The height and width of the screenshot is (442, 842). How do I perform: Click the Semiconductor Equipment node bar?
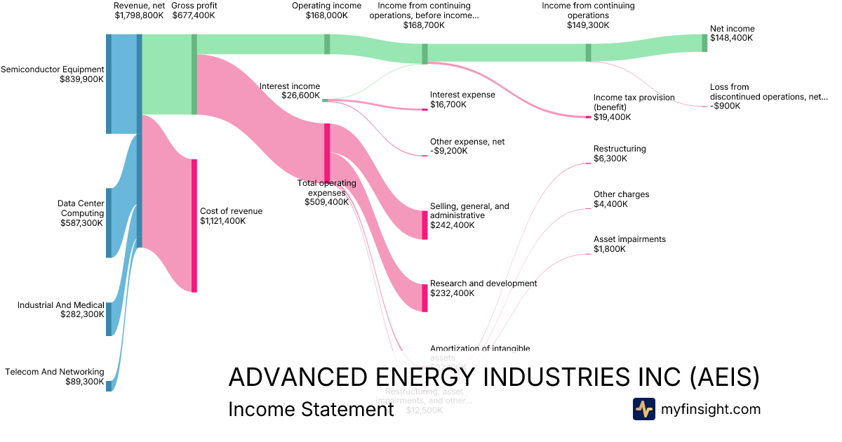point(109,83)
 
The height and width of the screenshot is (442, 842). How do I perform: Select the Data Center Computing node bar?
point(109,222)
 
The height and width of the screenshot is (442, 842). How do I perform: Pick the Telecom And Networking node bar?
point(109,385)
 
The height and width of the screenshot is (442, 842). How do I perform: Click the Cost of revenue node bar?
point(194,225)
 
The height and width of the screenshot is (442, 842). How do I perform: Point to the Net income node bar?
point(704,43)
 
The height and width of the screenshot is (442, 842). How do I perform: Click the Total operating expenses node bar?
point(327,152)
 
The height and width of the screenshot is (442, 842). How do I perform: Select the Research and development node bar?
point(425,297)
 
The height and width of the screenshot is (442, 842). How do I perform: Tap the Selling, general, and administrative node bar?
point(425,225)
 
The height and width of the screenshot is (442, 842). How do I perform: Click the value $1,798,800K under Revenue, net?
point(139,15)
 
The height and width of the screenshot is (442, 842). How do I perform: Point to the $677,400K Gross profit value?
point(194,15)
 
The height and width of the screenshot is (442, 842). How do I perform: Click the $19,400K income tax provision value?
point(612,117)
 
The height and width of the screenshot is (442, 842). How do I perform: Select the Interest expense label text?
point(462,95)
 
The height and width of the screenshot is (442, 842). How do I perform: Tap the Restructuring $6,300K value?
point(610,159)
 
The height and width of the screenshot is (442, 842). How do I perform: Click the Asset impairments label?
point(629,239)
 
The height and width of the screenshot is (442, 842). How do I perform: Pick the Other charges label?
point(621,194)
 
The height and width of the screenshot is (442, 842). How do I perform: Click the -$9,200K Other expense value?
point(448,151)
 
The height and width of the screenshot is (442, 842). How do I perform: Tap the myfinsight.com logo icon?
point(643,409)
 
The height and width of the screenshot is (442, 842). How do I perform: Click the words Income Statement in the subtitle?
point(311,409)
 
